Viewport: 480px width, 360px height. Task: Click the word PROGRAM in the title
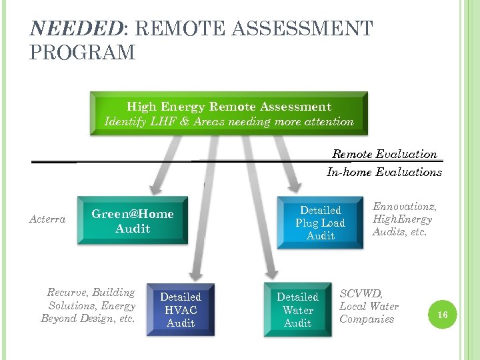click(83, 53)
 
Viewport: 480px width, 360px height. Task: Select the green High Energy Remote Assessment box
click(229, 113)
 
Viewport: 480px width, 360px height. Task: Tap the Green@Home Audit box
click(132, 221)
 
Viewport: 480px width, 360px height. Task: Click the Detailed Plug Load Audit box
click(320, 223)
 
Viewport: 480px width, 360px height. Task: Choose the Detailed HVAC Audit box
click(180, 309)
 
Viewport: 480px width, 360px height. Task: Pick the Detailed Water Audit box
click(297, 309)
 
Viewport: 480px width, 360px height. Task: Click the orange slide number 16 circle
click(441, 313)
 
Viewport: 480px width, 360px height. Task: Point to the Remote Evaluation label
click(385, 154)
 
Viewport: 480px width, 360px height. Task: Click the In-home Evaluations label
click(384, 172)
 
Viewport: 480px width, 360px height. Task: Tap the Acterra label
click(47, 219)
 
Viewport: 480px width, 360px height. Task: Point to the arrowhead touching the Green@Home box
click(155, 188)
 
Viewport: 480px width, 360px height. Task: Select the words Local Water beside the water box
click(369, 306)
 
